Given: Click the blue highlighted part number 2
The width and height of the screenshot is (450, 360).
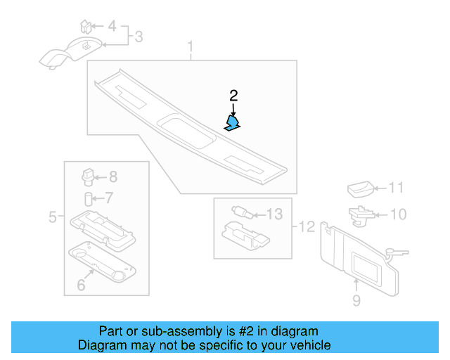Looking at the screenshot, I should tap(232, 124).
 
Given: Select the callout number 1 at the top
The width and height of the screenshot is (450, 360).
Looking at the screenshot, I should tap(189, 48).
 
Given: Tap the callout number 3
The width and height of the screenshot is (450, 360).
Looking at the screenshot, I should tap(139, 36).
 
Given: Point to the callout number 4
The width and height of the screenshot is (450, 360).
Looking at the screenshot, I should tap(112, 27).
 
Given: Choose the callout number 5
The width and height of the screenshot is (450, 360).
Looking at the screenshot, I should tap(52, 217).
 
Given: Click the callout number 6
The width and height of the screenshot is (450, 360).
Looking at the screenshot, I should tap(81, 285).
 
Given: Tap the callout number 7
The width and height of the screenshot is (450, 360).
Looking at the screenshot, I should tap(108, 198).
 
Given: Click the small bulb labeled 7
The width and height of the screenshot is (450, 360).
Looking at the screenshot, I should tap(89, 198).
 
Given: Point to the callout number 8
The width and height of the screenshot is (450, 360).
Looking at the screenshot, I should tap(112, 177).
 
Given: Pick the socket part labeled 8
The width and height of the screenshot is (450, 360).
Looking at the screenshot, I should tap(89, 176).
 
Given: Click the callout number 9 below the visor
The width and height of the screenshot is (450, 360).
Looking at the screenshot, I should tap(356, 301).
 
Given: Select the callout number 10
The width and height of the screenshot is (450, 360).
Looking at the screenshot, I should tap(397, 214).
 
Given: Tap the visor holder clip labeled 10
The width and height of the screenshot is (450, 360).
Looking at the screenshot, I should tap(359, 214).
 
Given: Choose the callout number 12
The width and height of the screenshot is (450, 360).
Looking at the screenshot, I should tap(307, 226).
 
